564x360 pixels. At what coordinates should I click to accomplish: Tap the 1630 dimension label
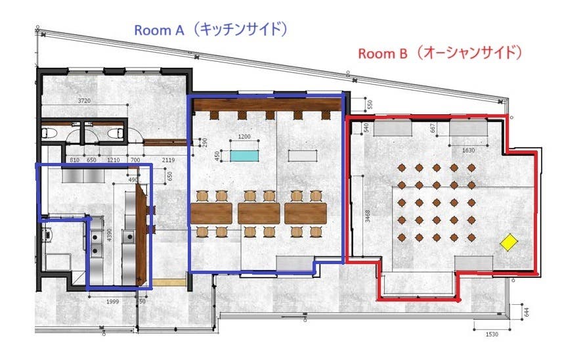469,150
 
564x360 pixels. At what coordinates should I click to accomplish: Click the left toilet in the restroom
48,133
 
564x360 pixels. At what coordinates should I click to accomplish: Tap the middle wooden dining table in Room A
259,213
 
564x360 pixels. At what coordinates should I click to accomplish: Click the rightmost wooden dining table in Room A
305,213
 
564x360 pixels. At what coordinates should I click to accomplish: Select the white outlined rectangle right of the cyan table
303,156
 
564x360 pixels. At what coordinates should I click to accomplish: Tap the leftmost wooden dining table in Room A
211,213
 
